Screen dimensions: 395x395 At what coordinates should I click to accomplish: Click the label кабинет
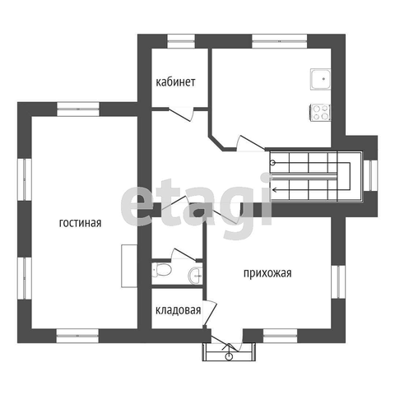point(175,82)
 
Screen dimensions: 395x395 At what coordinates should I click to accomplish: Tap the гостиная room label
point(80,223)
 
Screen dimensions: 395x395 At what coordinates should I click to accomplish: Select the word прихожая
point(267,273)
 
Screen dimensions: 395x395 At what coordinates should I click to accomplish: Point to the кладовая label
point(178,310)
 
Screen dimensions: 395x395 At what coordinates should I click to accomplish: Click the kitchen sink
point(320,79)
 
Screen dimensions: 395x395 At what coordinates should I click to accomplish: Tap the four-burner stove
point(320,113)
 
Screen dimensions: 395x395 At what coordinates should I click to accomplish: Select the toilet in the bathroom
point(162,269)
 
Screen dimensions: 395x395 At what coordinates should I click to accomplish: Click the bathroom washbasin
point(196,275)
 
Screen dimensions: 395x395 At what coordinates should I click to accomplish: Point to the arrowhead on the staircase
point(274,189)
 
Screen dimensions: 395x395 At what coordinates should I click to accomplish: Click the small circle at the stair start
point(272,162)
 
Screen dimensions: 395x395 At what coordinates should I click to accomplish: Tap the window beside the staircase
point(370,175)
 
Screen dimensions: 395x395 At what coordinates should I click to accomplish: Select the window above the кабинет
point(181,41)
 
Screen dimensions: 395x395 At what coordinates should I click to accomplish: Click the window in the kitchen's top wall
point(280,41)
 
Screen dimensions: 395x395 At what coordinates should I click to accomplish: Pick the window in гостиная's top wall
point(78,109)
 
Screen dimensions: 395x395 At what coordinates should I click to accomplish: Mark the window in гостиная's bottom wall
point(78,336)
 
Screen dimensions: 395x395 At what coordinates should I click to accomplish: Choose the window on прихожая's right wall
point(338,281)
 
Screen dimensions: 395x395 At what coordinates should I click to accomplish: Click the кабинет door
point(181,114)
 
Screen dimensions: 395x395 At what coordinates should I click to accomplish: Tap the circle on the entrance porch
point(229,356)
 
